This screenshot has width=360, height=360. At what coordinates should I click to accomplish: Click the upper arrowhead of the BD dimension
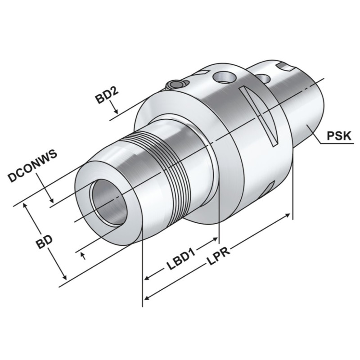(x=28, y=205)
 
